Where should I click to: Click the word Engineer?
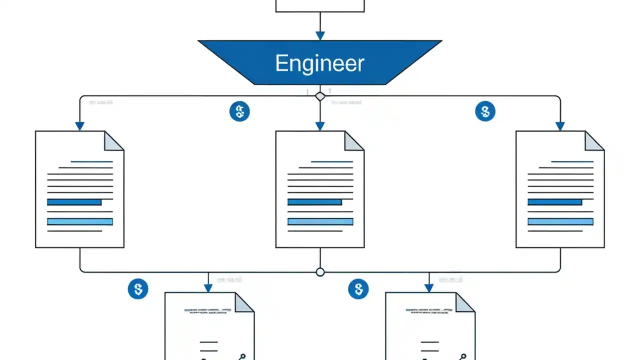point(319,63)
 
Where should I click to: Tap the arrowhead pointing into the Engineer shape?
point(320,35)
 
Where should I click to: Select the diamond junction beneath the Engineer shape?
point(320,96)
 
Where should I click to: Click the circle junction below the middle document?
point(320,272)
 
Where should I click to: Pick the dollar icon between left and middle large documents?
point(239,111)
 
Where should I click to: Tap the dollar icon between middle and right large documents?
point(484,111)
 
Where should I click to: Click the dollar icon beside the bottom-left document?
point(138,289)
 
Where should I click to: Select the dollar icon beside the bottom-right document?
point(358,289)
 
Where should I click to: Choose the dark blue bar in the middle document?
point(314,202)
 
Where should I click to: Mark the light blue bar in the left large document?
point(80,221)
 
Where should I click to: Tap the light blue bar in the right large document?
point(560,221)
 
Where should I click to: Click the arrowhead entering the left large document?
point(80,126)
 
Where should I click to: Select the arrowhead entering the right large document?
point(560,126)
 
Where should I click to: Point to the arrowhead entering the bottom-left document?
point(208,288)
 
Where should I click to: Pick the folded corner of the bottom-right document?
point(465,302)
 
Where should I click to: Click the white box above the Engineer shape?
point(320,5)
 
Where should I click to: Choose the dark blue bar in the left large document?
point(74,202)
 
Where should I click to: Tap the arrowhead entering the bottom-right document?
point(428,288)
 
